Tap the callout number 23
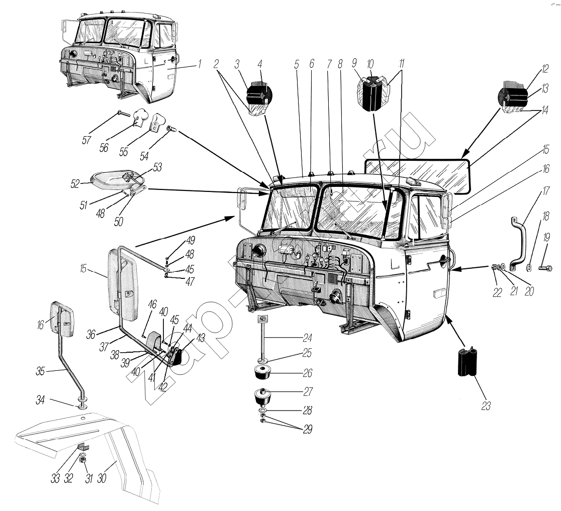[485, 406]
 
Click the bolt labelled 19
[544, 268]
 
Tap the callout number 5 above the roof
[297, 64]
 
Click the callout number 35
[41, 371]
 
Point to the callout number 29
[306, 430]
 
